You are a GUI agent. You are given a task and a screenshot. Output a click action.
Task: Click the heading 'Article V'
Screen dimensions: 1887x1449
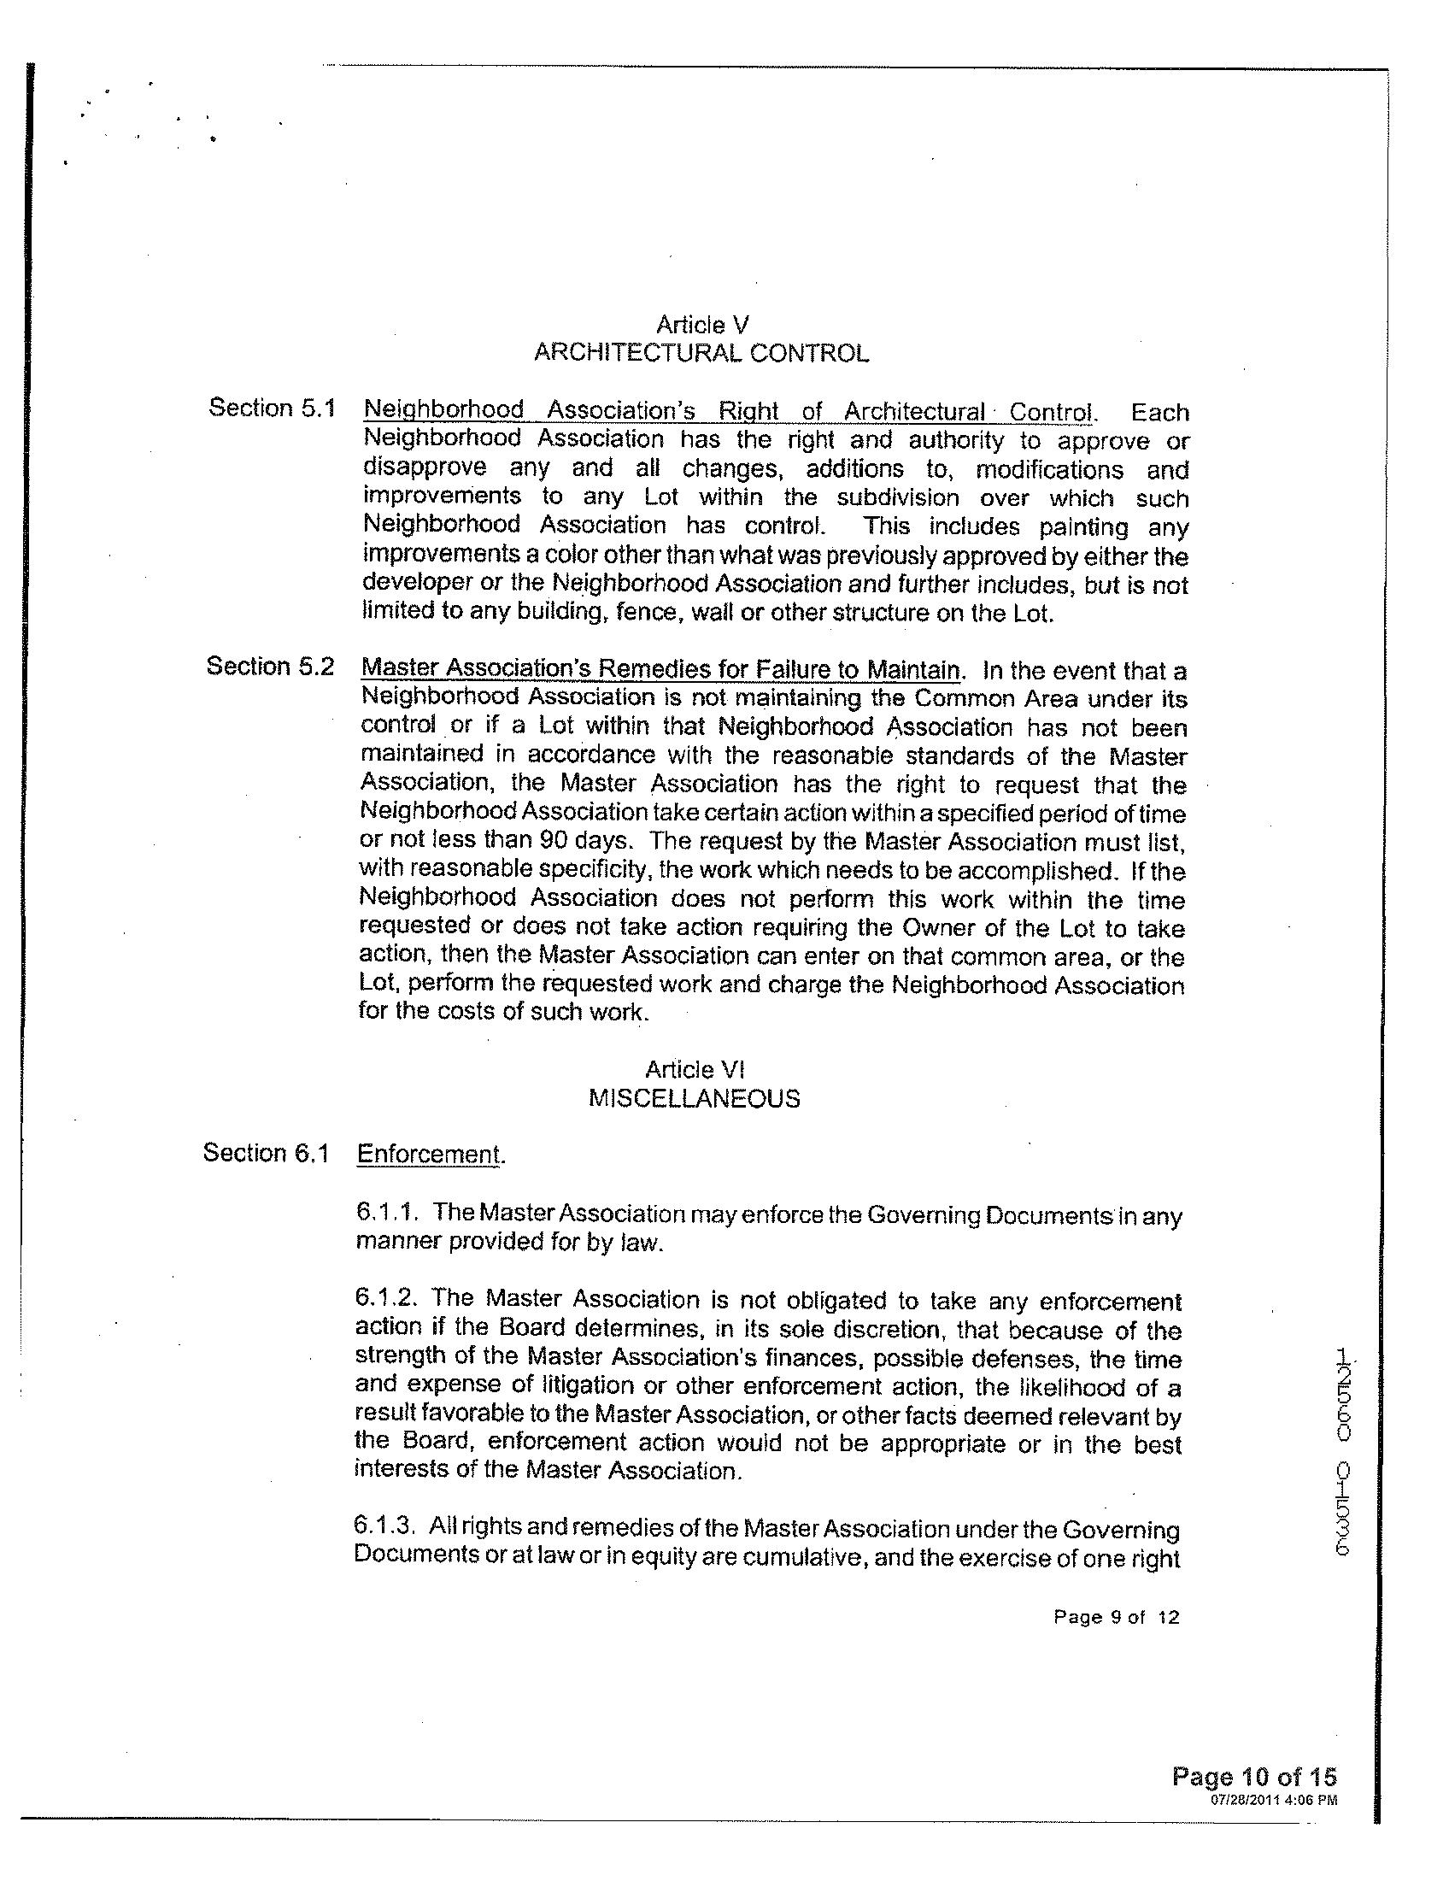click(702, 325)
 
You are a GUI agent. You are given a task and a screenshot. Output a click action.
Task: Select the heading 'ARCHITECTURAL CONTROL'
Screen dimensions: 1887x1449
click(701, 353)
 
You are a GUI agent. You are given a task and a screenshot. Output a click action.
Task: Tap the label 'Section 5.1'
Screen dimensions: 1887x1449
click(271, 409)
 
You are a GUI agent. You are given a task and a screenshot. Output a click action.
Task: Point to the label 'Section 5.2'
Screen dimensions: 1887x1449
click(270, 666)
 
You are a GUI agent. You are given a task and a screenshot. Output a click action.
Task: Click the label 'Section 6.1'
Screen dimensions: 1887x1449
click(267, 1153)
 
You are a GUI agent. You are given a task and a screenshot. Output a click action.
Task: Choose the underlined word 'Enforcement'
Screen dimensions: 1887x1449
click(429, 1155)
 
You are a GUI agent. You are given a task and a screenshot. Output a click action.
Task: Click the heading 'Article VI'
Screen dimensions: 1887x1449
click(695, 1070)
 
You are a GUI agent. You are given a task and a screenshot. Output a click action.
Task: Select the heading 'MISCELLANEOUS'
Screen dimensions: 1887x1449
click(695, 1098)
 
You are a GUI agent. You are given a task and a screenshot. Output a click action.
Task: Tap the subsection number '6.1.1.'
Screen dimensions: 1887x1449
click(387, 1212)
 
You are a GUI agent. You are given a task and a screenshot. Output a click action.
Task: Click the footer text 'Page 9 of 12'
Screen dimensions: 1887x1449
click(1116, 1617)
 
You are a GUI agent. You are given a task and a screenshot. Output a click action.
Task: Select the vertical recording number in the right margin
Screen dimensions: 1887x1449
click(1343, 1449)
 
